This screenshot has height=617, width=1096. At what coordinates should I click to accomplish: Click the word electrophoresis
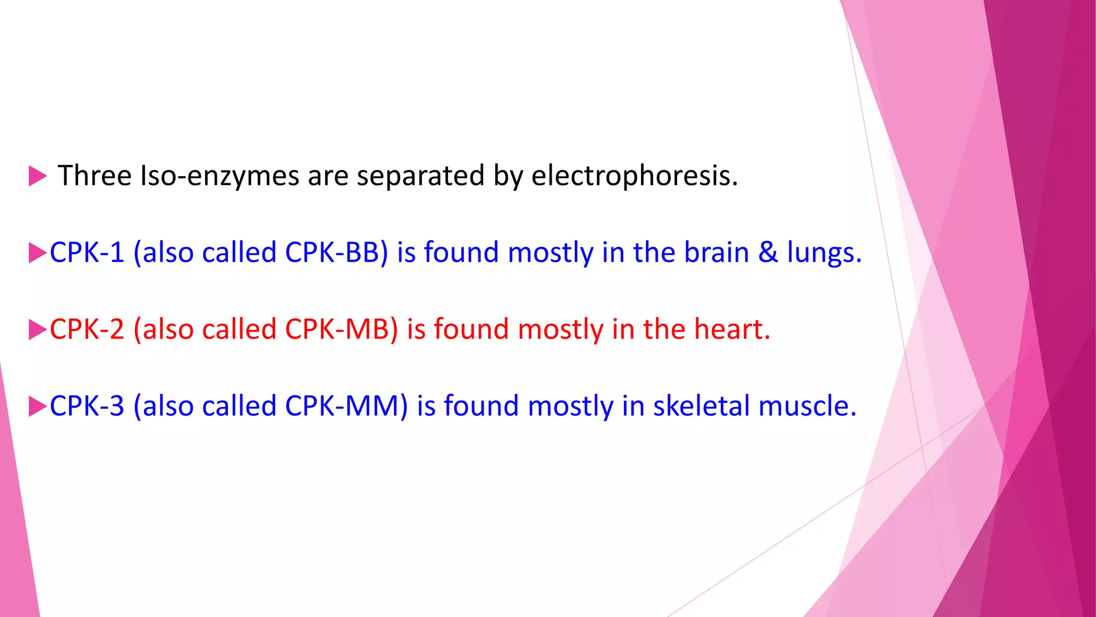634,176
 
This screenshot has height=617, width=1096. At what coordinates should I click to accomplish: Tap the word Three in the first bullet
94,176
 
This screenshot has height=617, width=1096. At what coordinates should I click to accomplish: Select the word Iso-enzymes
218,176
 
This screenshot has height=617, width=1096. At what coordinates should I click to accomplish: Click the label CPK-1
87,253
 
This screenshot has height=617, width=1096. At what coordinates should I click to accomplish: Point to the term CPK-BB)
336,253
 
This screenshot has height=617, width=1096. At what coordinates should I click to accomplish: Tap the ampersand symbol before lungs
768,253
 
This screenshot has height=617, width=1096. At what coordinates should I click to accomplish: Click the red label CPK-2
87,329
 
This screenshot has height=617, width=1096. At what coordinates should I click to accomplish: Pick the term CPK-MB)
341,329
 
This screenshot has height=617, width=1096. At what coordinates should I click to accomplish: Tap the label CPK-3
87,406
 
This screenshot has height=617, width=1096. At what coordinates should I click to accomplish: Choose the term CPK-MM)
346,406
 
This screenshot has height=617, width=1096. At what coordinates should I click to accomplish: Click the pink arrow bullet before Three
37,176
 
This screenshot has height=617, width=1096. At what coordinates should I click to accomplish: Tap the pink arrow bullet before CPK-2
37,329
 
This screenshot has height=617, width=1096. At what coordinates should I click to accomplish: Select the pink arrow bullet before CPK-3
37,406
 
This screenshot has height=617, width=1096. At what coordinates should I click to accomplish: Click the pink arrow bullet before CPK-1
37,253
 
